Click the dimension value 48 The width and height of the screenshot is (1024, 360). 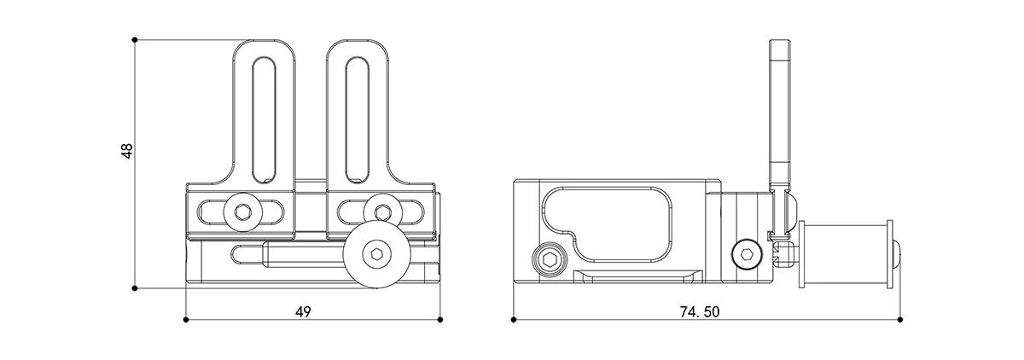pyautogui.click(x=127, y=151)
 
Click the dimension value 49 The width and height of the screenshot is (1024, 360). pyautogui.click(x=303, y=312)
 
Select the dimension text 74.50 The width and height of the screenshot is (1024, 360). pyautogui.click(x=700, y=312)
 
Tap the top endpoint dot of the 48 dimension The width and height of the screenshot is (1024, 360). pyautogui.click(x=135, y=40)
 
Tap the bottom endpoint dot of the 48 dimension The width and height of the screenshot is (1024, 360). pyautogui.click(x=135, y=288)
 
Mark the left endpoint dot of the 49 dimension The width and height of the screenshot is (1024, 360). pyautogui.click(x=186, y=320)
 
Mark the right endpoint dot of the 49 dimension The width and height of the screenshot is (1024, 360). pyautogui.click(x=440, y=320)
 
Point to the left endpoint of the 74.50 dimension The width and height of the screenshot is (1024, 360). pyautogui.click(x=514, y=320)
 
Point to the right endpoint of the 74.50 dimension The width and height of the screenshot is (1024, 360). pyautogui.click(x=900, y=320)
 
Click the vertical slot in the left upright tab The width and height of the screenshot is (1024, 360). pyautogui.click(x=264, y=120)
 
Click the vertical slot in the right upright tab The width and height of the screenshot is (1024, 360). pyautogui.click(x=358, y=120)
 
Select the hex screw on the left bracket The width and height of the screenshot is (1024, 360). pyautogui.click(x=242, y=212)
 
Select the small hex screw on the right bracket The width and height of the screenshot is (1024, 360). pyautogui.click(x=383, y=212)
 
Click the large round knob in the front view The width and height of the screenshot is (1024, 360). pyautogui.click(x=377, y=254)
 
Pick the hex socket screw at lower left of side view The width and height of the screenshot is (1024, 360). pyautogui.click(x=549, y=260)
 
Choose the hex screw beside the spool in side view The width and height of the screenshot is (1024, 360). pyautogui.click(x=748, y=255)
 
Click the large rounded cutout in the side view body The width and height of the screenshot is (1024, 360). pyautogui.click(x=607, y=226)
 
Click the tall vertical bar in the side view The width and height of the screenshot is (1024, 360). pyautogui.click(x=780, y=115)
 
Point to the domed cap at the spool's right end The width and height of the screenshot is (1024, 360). pyautogui.click(x=897, y=254)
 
